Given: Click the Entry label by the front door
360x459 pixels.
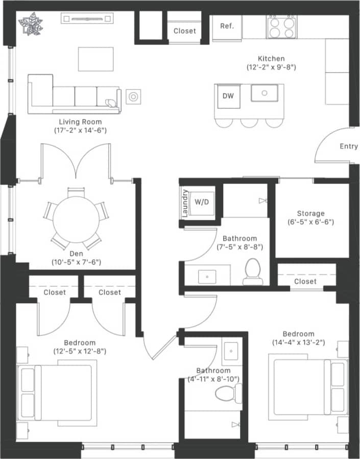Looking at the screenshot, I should point(349,147).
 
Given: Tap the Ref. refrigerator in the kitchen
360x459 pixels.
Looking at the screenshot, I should point(227,26).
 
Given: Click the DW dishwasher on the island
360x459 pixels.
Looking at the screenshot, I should point(228,96).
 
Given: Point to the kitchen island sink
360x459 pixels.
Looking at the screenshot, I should point(264,93).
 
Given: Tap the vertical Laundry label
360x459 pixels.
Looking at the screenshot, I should point(185,203).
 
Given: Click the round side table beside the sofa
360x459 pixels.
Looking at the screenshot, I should point(133,96).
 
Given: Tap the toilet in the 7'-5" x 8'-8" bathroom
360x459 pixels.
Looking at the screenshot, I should point(253,272).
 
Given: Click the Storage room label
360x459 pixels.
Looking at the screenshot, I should point(311,213).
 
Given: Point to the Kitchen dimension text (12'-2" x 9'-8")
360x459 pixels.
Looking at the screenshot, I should point(271,67).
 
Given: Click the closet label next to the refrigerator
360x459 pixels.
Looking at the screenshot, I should point(184,31).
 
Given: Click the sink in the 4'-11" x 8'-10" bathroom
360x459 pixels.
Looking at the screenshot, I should point(233,352).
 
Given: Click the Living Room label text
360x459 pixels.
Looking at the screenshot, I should point(80,122).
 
